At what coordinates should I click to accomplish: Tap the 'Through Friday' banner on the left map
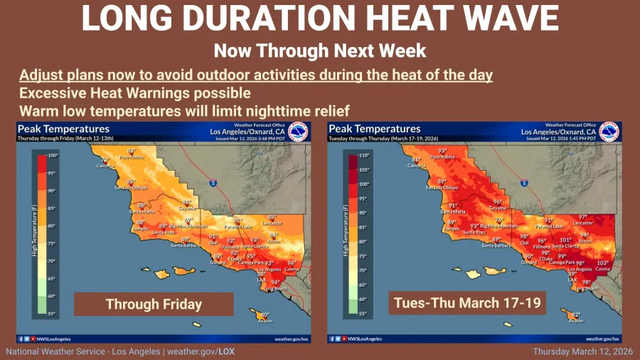click(154, 304)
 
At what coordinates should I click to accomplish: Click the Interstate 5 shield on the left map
click(213, 183)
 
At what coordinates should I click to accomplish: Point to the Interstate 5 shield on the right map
click(523, 183)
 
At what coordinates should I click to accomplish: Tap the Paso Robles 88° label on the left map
click(131, 154)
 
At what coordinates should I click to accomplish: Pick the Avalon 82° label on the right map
click(575, 317)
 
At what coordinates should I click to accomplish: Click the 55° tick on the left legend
click(52, 313)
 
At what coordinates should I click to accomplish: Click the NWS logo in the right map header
click(609, 132)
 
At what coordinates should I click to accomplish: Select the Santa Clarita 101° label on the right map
click(565, 243)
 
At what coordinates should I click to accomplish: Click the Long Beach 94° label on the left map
click(274, 285)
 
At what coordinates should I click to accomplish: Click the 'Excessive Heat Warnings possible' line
click(135, 93)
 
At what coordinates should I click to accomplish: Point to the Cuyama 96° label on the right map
click(498, 204)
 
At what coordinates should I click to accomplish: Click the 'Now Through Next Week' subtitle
click(320, 51)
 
